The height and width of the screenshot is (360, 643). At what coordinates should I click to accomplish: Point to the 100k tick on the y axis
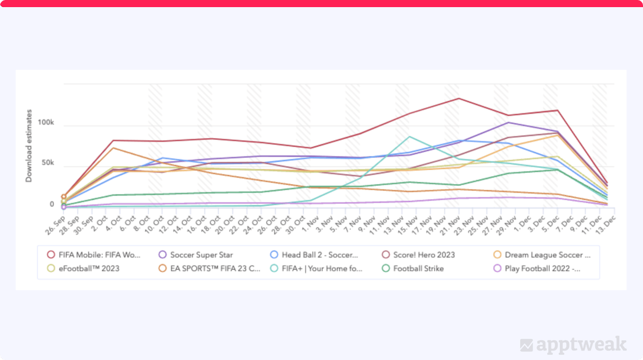45,123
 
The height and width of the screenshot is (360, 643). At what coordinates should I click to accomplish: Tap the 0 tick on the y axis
52,204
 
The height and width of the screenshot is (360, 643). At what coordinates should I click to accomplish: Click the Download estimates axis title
29,146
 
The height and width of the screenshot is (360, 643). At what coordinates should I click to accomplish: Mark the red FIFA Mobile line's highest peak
459,99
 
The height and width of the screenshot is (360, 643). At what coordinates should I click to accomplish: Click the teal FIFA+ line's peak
410,137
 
